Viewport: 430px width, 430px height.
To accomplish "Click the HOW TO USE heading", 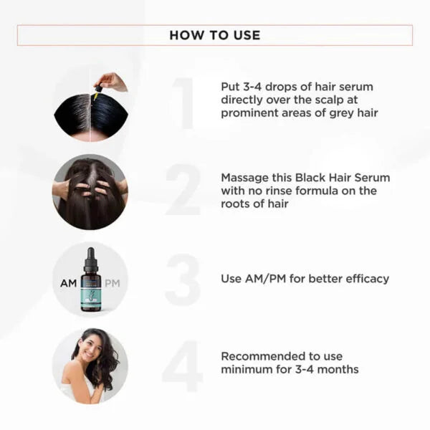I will pyautogui.click(x=214, y=35).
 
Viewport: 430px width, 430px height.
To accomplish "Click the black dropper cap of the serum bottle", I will pyautogui.click(x=90, y=258).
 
